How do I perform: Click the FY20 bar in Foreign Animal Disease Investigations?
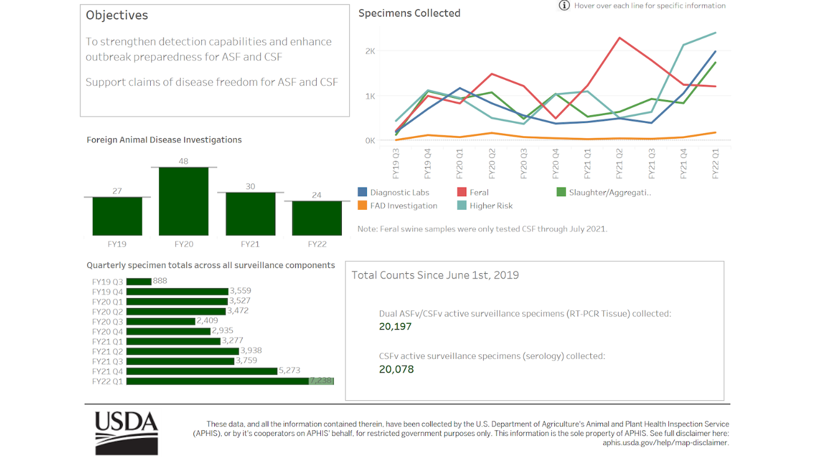tap(183, 202)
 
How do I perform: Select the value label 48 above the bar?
tap(183, 161)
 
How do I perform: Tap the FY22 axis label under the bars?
tap(317, 244)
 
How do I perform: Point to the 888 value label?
tap(160, 281)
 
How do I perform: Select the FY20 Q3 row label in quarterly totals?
tap(107, 322)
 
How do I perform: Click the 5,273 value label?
tap(289, 371)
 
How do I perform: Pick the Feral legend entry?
tap(479, 192)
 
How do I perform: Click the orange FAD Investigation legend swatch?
tap(363, 206)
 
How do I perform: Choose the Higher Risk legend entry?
tap(491, 206)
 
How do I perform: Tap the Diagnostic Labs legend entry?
tap(399, 192)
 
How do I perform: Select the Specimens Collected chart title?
tap(409, 13)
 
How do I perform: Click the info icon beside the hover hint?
tap(564, 6)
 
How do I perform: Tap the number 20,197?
tap(395, 327)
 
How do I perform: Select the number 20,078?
tap(396, 369)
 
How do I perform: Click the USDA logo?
tap(126, 433)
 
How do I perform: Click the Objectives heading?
tap(117, 16)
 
